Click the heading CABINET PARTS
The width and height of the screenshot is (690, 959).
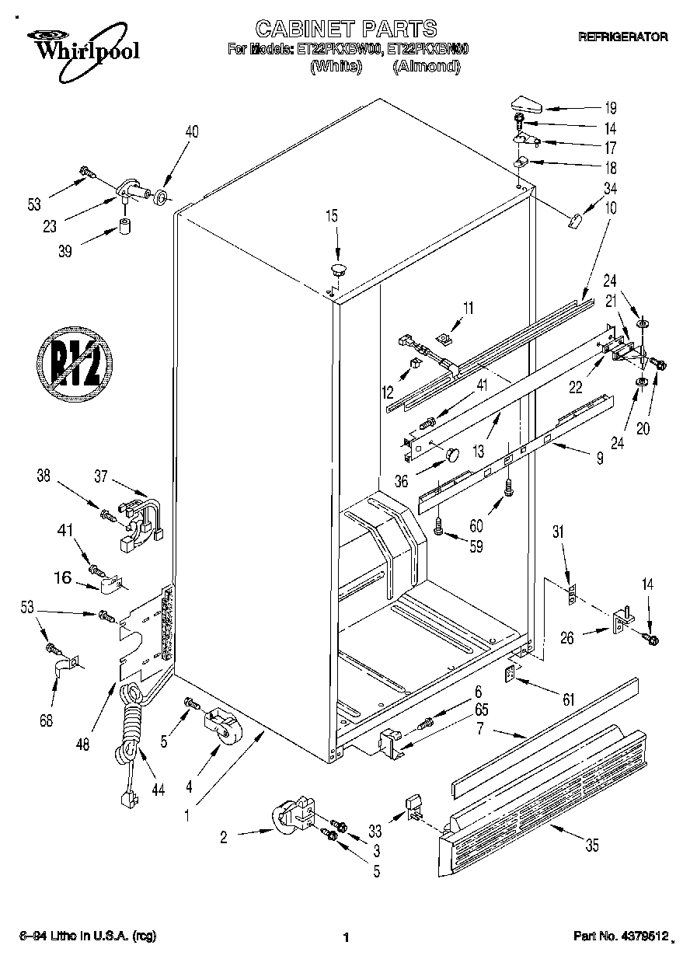click(x=346, y=30)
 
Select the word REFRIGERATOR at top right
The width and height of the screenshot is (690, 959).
click(x=622, y=37)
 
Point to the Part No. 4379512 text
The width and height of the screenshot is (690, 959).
click(x=622, y=938)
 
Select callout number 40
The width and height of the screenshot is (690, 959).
click(x=191, y=132)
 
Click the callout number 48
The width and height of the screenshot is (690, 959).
click(x=83, y=744)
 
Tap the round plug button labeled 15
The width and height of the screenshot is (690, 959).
click(x=338, y=270)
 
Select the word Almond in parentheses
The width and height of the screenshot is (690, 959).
click(x=427, y=67)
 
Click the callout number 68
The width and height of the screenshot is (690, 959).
click(x=47, y=720)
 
